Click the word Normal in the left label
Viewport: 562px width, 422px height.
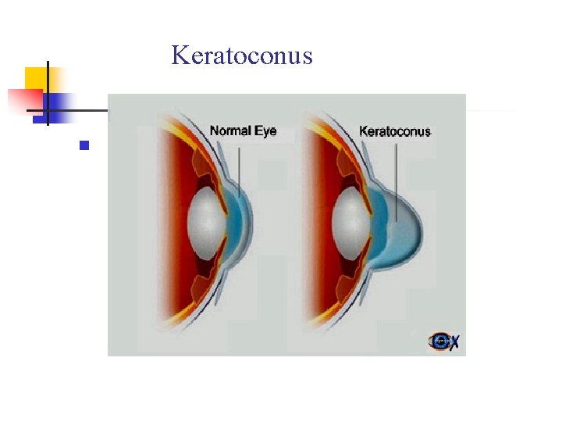pyautogui.click(x=229, y=131)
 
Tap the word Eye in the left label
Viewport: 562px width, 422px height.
pyautogui.click(x=265, y=131)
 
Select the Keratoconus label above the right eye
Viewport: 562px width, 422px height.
pyautogui.click(x=395, y=131)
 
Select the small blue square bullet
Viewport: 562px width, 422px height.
pyautogui.click(x=85, y=145)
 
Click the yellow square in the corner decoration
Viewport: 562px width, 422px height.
pyautogui.click(x=35, y=78)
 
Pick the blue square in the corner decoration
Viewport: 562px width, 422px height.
pyautogui.click(x=59, y=103)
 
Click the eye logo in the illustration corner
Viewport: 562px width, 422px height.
pyautogui.click(x=442, y=341)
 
